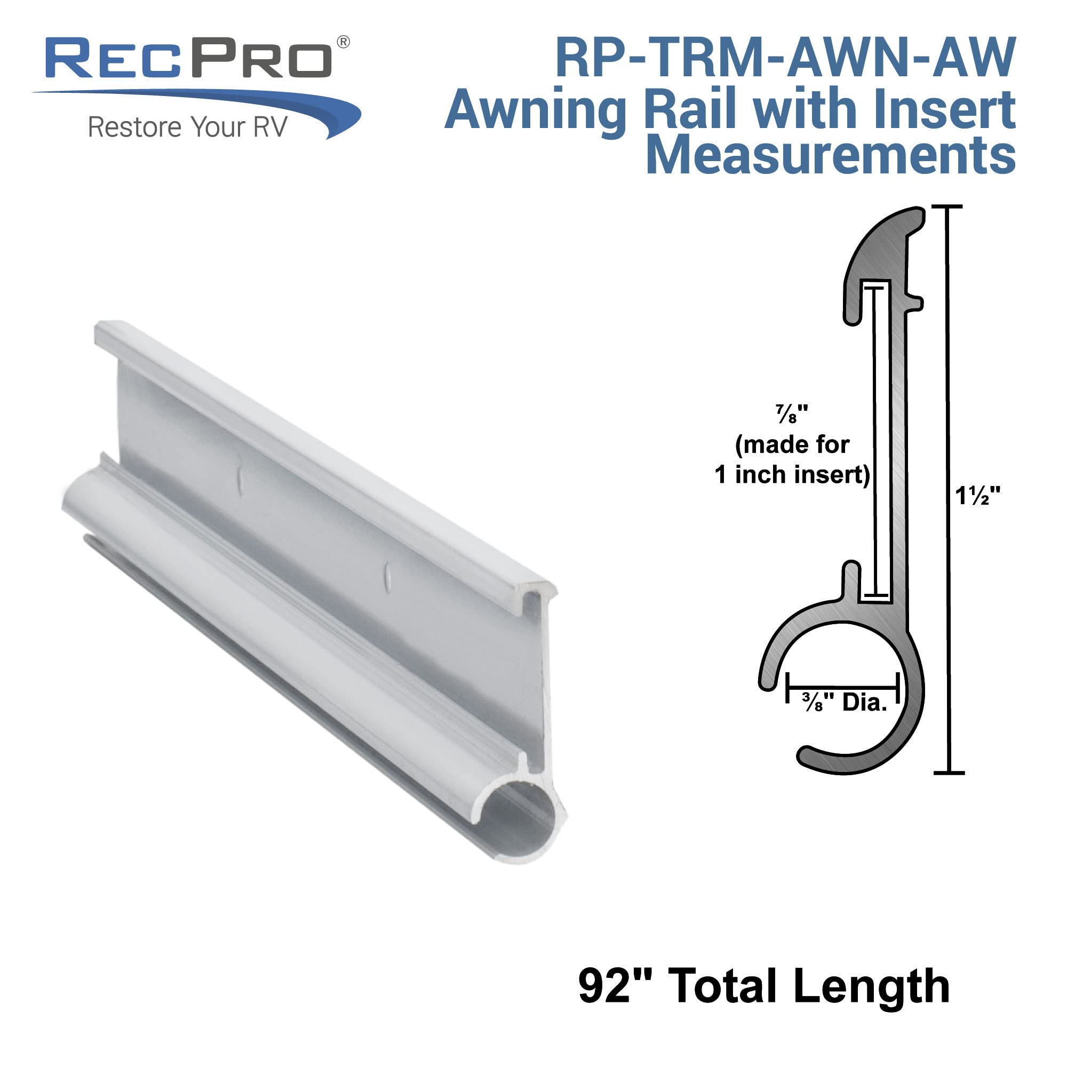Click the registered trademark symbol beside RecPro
[343, 43]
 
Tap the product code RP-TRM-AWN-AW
[785, 58]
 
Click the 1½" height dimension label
[978, 497]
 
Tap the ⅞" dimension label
[791, 413]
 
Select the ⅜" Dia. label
[845, 703]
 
